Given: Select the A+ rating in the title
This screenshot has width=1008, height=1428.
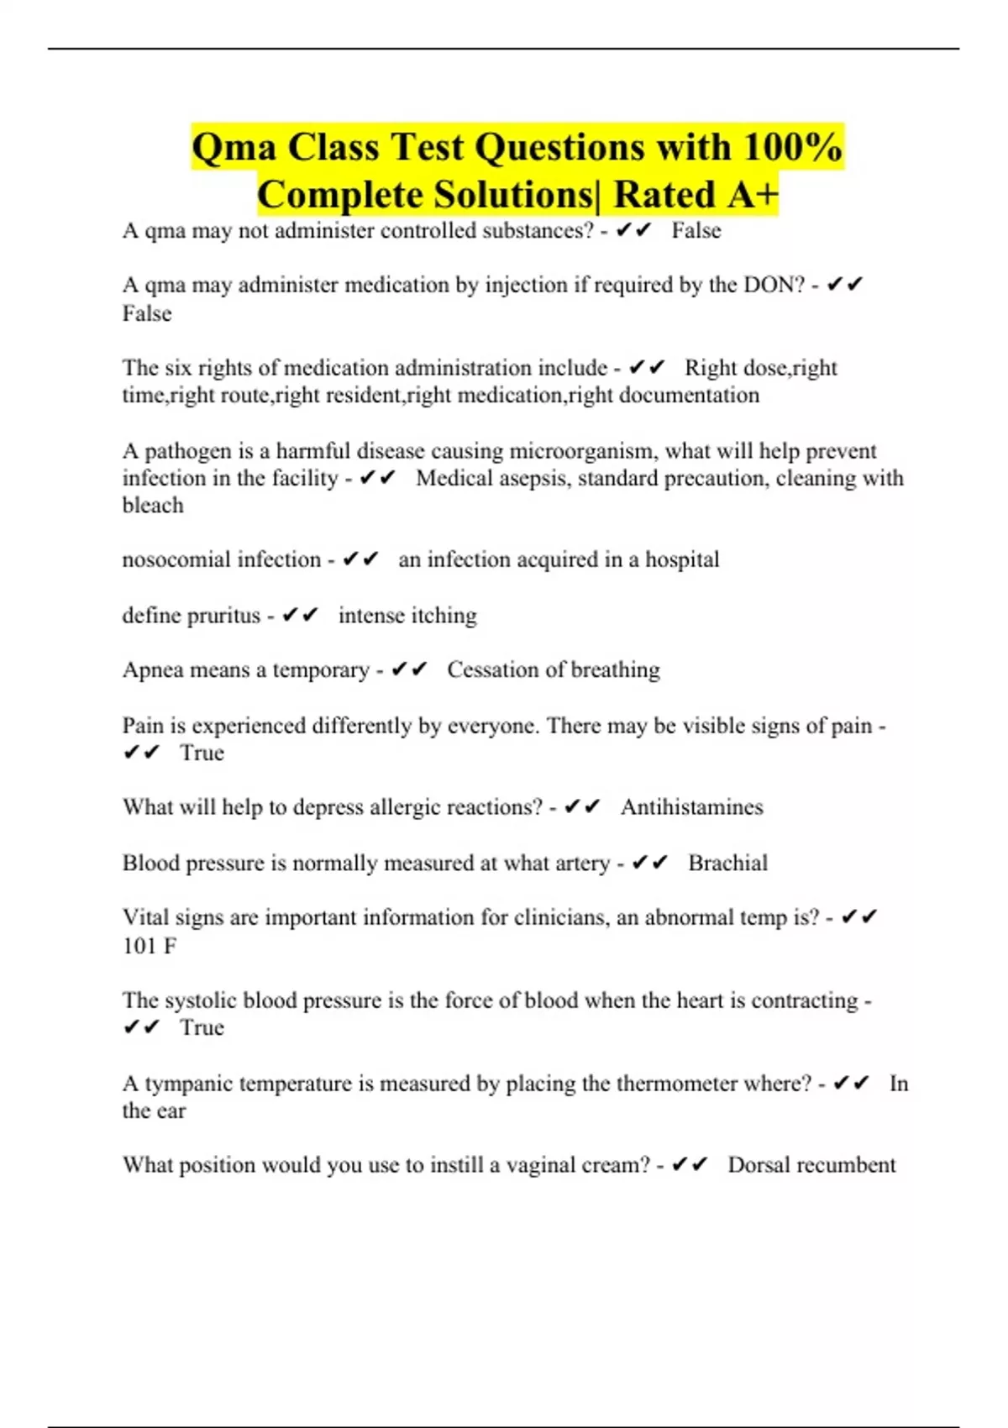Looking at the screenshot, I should coord(753,196).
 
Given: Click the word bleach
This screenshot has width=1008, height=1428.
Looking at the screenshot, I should coord(153,506).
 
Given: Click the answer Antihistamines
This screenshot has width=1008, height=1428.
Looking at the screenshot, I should coord(692,807).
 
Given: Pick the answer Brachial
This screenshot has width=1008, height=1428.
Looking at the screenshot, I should coord(727,864).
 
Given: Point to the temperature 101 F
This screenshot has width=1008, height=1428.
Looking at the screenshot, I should coord(150,947).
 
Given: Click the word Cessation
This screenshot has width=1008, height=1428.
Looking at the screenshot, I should coord(492,670).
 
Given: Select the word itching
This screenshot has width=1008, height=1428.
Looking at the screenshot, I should coord(444,616).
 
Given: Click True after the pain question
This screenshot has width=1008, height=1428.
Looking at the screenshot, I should coord(202,753).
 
